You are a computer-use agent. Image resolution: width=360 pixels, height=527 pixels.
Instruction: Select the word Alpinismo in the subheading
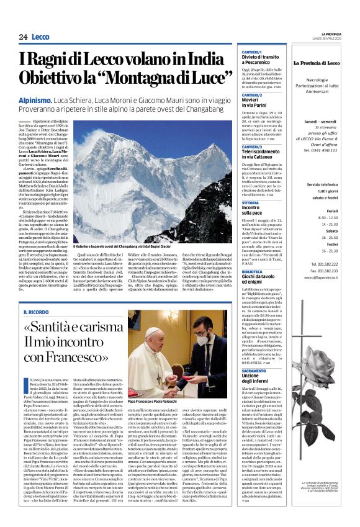52,99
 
